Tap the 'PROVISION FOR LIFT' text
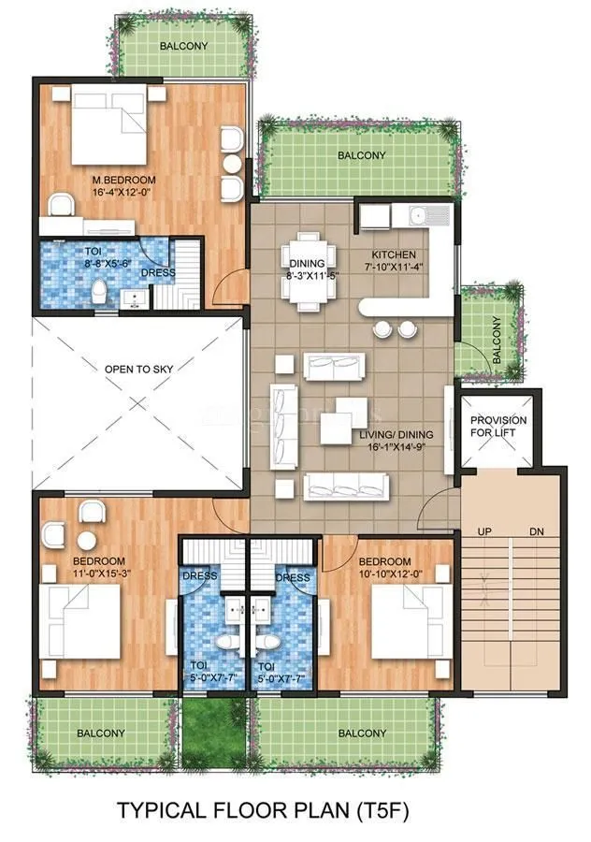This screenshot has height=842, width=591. click(497, 427)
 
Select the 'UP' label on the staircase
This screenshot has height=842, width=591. click(484, 531)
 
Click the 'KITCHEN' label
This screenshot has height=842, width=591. click(394, 255)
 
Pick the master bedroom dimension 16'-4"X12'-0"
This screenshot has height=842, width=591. click(123, 192)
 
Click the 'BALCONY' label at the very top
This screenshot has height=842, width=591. click(183, 46)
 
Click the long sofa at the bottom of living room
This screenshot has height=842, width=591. click(345, 486)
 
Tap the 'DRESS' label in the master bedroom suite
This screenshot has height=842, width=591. click(157, 273)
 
